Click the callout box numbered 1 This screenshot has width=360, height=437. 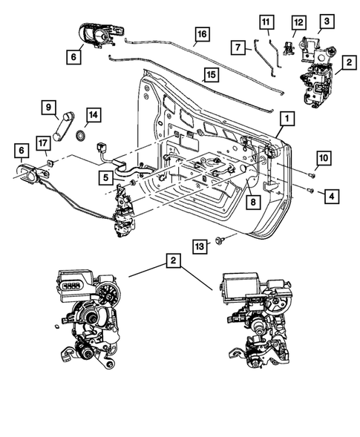pos(286,119)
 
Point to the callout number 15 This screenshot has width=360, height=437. pos(211,75)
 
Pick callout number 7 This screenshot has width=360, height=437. pos(238,47)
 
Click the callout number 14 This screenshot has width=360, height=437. pos(93,115)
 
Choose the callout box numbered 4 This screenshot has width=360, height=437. pos(332,197)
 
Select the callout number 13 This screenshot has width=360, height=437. pos(198,245)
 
